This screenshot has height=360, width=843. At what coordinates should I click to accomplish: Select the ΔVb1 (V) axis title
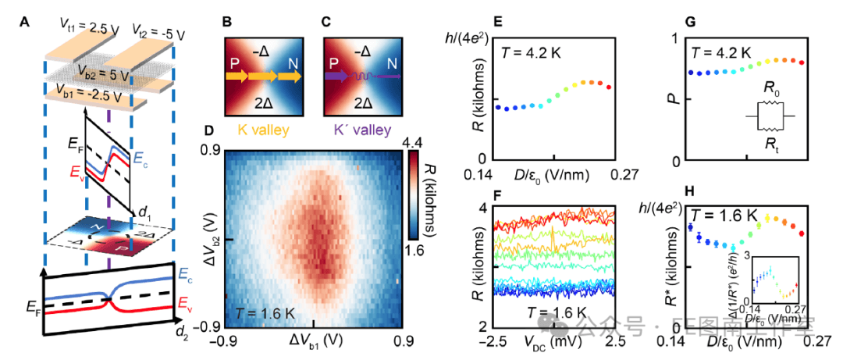[313, 344]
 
